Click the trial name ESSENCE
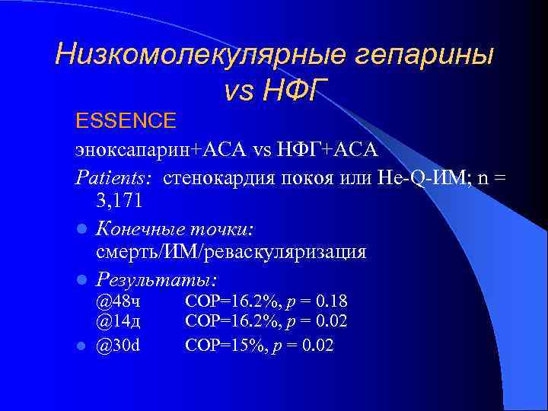pyautogui.click(x=126, y=120)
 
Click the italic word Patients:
pyautogui.click(x=113, y=177)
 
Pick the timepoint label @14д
pyautogui.click(x=118, y=321)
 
